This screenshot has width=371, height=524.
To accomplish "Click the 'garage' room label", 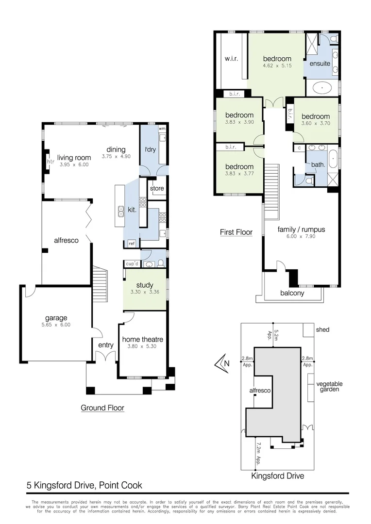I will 56,318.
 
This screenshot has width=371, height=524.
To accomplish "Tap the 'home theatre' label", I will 142,339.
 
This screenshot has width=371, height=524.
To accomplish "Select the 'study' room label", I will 145,285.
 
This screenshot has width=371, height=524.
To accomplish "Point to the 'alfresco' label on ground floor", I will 66,240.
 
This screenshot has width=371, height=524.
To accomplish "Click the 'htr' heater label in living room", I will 50,162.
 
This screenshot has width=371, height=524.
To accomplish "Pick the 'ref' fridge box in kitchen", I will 131,244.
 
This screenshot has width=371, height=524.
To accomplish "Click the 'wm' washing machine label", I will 162,129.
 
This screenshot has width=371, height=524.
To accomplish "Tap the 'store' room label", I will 157,188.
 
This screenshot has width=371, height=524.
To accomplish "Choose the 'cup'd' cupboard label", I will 132,263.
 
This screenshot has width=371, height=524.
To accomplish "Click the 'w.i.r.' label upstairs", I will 230,59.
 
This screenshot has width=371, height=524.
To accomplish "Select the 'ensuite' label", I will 320,64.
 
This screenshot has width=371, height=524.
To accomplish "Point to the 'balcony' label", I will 292,293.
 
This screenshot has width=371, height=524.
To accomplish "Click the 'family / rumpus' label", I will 301,229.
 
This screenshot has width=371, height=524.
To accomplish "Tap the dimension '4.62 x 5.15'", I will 277,66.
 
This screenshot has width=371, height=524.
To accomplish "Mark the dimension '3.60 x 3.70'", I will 315,124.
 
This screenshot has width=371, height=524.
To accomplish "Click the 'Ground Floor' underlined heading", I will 102,408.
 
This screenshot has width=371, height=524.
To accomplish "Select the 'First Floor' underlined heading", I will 236,232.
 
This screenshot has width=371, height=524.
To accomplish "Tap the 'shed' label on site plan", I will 322,329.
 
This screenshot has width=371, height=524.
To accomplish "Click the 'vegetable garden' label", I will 330,386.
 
